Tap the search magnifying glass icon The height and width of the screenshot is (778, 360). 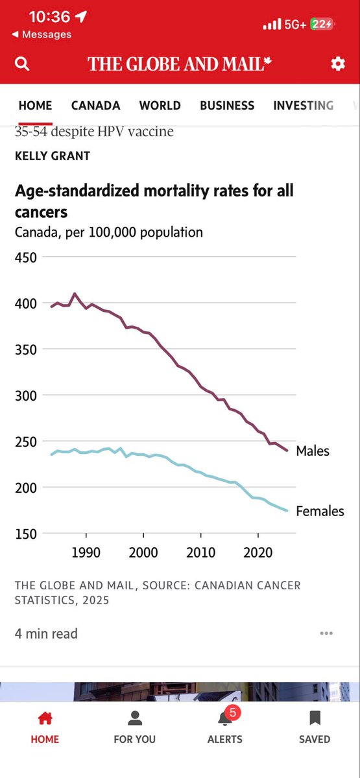pyautogui.click(x=22, y=64)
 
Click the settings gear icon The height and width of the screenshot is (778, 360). pyautogui.click(x=337, y=64)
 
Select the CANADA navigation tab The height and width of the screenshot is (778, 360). pyautogui.click(x=95, y=105)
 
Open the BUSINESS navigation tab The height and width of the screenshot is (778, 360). pyautogui.click(x=227, y=105)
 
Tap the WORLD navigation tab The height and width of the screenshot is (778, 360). pyautogui.click(x=160, y=105)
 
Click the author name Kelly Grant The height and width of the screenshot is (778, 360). pyautogui.click(x=53, y=156)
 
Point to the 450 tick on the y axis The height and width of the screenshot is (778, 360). pyautogui.click(x=25, y=257)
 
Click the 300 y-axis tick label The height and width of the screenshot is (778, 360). pyautogui.click(x=25, y=395)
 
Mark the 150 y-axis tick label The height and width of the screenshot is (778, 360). pyautogui.click(x=25, y=534)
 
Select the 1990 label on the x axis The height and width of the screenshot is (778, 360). pyautogui.click(x=86, y=552)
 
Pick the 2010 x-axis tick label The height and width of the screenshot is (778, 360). pyautogui.click(x=201, y=552)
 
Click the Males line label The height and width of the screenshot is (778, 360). pyautogui.click(x=313, y=451)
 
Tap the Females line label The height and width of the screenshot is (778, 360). pyautogui.click(x=320, y=512)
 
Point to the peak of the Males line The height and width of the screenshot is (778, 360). pyautogui.click(x=75, y=294)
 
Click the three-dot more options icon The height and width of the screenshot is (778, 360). pyautogui.click(x=326, y=633)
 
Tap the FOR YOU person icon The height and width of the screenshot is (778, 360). pyautogui.click(x=135, y=718)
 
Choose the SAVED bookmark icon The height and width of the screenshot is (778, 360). pyautogui.click(x=315, y=718)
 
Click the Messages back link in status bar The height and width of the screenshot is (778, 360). pyautogui.click(x=42, y=34)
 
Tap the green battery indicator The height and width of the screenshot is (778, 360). pyautogui.click(x=322, y=24)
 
